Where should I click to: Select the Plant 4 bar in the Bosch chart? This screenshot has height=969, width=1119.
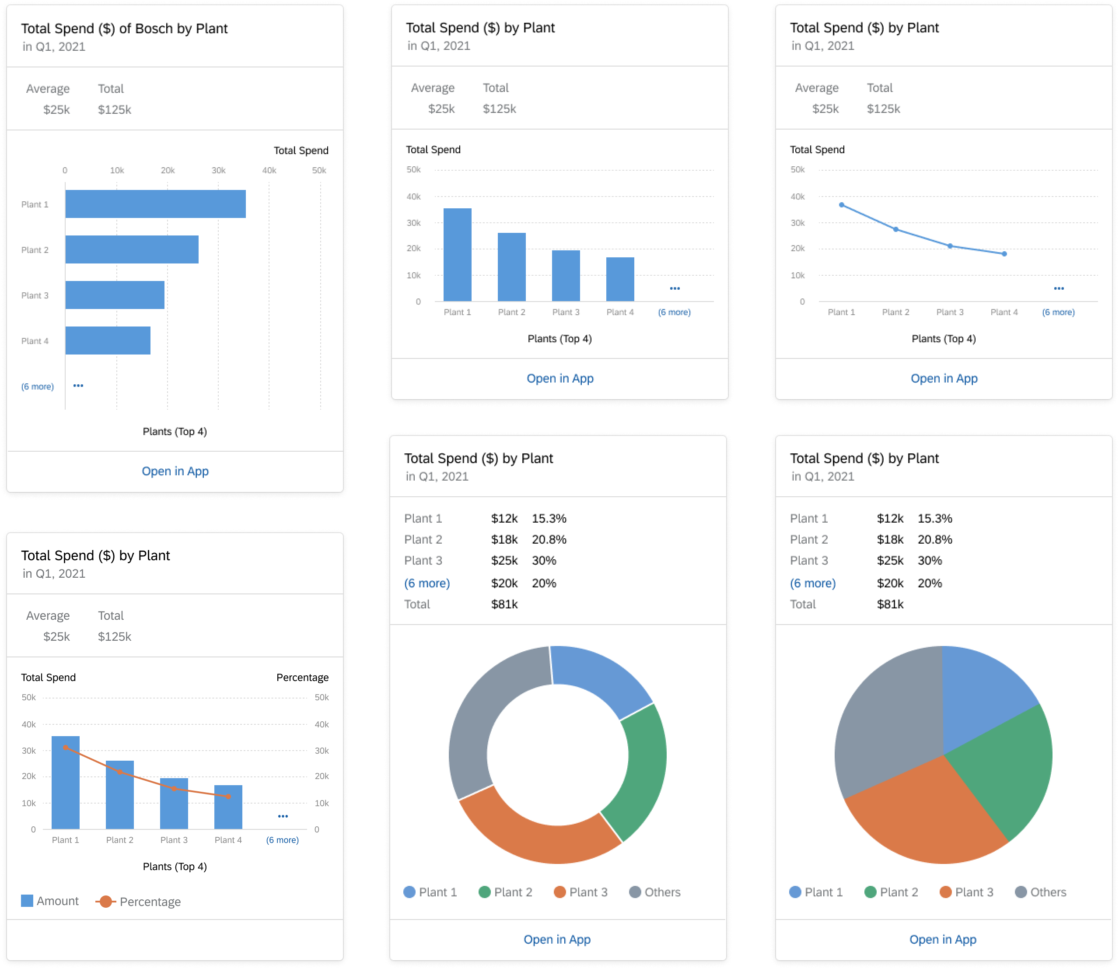108,340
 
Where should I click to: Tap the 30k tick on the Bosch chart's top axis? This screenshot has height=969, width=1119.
218,170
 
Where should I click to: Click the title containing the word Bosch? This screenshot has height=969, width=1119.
124,28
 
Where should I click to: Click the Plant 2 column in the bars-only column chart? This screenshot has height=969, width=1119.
511,267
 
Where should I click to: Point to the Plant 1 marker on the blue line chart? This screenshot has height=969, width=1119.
841,205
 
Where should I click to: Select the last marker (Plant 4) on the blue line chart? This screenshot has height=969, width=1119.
1004,253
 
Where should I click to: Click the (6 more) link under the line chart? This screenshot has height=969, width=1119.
1058,312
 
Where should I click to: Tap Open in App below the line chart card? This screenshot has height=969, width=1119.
944,379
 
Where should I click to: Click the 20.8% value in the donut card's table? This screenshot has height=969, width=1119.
549,539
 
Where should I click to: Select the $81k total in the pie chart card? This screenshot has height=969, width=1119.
890,604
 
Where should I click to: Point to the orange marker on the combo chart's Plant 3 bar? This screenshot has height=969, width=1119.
174,788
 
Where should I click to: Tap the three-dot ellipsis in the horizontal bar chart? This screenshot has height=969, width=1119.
78,386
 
